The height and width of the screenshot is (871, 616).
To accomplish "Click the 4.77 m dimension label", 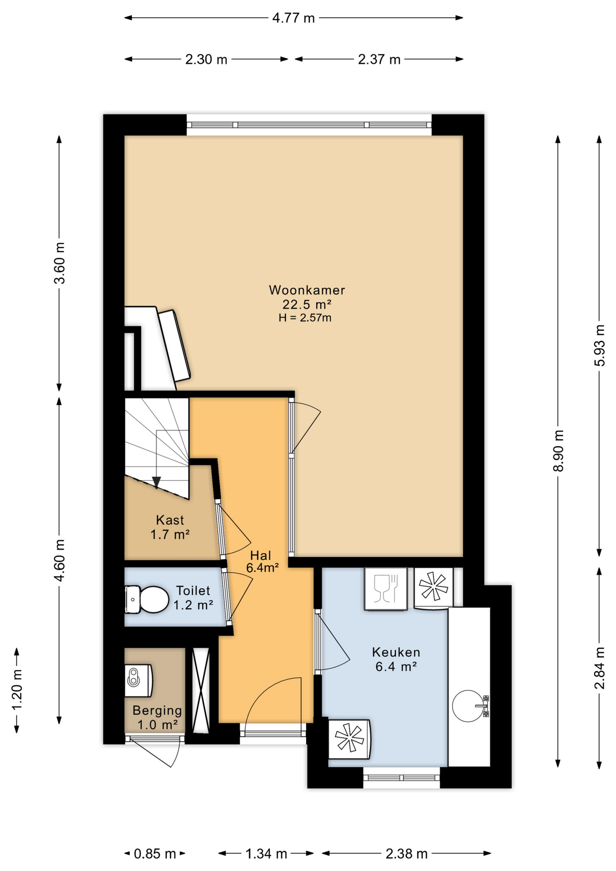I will click(x=293, y=18).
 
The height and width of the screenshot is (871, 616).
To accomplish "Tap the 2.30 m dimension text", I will click(x=206, y=59).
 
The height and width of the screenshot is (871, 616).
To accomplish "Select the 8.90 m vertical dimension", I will click(x=558, y=451).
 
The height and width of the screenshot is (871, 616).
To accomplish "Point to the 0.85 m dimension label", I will click(x=155, y=854).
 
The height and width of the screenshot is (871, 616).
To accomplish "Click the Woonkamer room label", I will click(x=307, y=290).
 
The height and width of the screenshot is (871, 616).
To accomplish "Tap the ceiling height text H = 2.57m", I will click(x=305, y=318).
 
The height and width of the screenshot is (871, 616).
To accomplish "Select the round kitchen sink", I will click(x=468, y=706).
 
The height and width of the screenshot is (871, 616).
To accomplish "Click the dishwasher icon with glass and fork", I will click(x=386, y=588).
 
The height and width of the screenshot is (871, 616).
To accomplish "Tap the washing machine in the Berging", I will click(x=138, y=680).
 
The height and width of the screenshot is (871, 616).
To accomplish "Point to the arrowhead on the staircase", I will click(x=156, y=482).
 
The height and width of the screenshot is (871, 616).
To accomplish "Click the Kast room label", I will click(x=170, y=520).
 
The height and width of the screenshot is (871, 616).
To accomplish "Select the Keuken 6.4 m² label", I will click(x=396, y=659).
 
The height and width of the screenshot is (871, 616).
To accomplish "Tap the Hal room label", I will click(x=261, y=555).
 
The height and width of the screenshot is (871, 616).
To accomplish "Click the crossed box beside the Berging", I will click(x=200, y=690).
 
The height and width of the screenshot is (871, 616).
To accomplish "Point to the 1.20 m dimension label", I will click(x=17, y=690).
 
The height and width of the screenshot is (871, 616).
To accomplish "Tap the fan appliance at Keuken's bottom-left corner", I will click(x=349, y=739).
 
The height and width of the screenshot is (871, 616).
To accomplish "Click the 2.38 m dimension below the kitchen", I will click(x=406, y=854).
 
